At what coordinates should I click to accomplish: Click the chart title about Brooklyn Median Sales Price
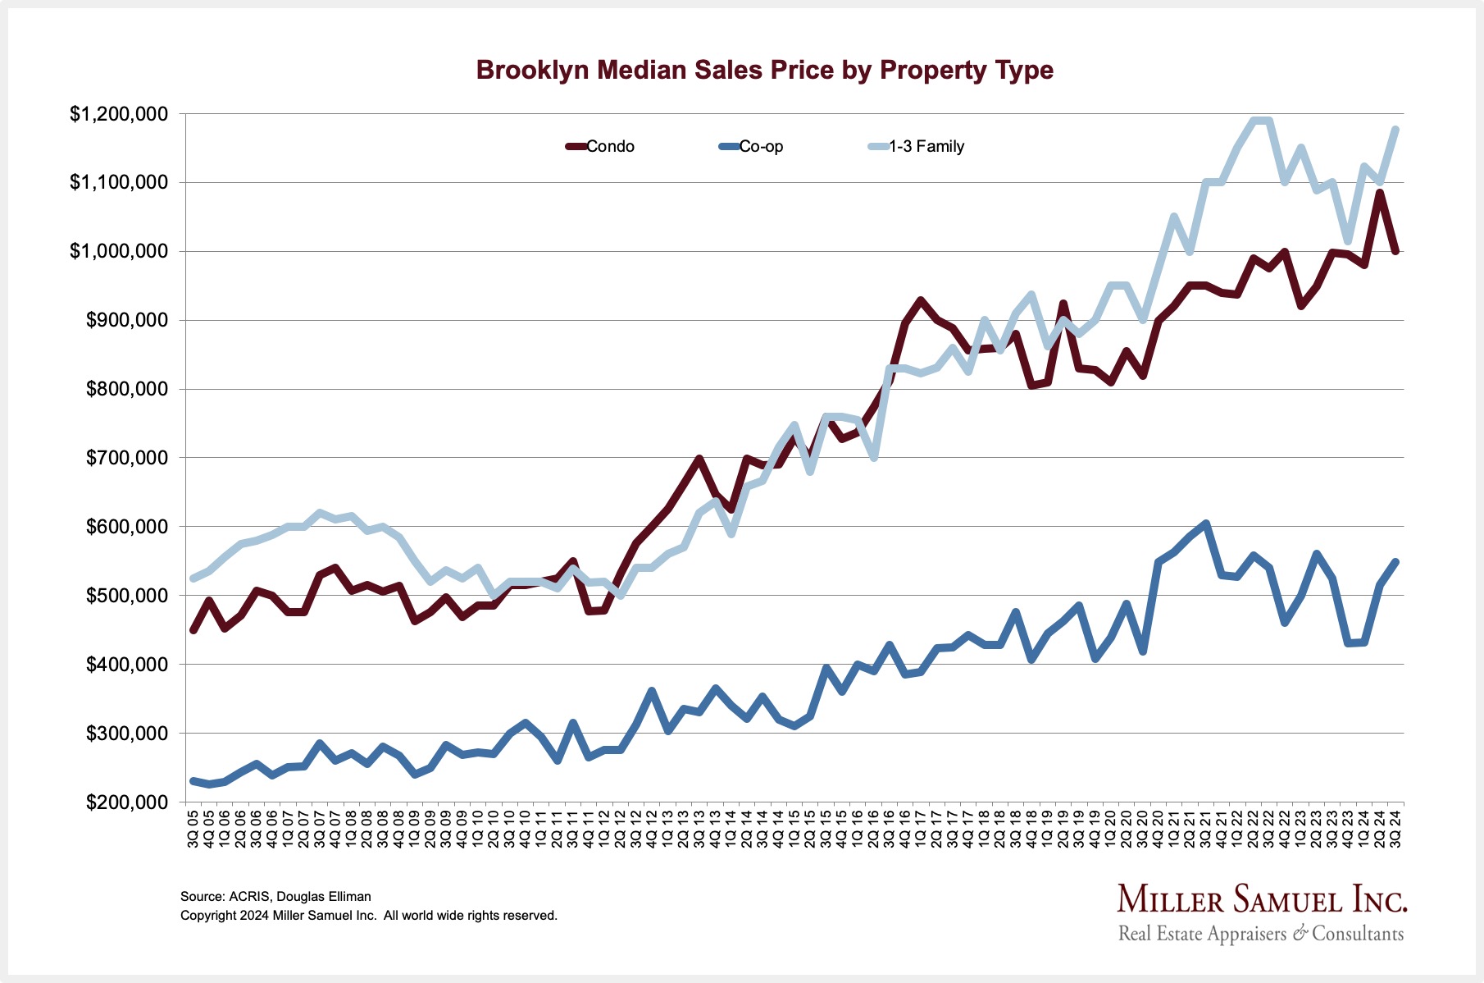764,70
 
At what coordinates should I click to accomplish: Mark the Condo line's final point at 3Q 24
1395,252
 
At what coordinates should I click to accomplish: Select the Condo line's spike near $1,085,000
1380,194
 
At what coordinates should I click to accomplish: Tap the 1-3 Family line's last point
1395,130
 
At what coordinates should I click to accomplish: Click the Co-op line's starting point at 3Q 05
193,781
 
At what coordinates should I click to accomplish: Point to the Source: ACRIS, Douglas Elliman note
275,897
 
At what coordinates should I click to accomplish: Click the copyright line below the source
369,916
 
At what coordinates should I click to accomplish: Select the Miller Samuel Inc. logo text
1262,900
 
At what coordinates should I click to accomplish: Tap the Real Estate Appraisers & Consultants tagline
1261,934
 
